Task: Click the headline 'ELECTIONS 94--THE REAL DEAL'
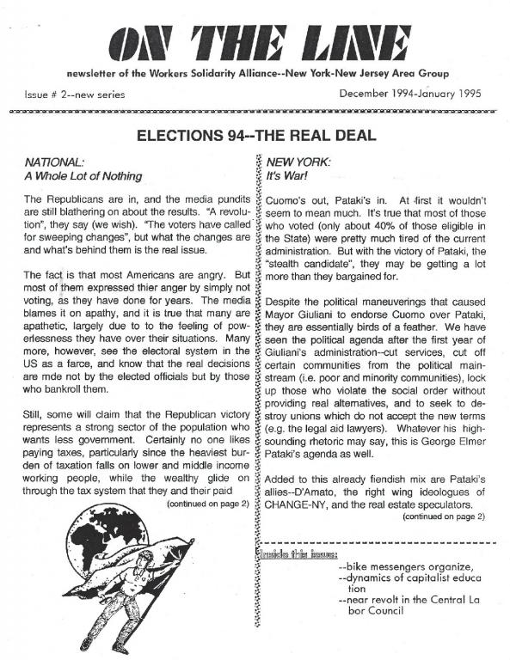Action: coord(255,135)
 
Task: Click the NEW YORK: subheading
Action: coord(298,161)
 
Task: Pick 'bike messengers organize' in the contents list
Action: coord(407,566)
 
